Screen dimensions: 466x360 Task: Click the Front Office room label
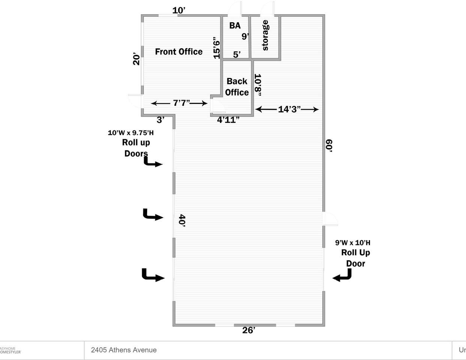click(x=179, y=52)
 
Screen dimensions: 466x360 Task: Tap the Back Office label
click(x=237, y=87)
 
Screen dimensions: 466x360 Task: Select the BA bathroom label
click(x=235, y=25)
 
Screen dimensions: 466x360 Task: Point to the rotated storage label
click(x=265, y=35)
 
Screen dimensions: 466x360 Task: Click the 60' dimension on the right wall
click(x=329, y=145)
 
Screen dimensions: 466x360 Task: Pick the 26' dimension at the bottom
click(x=249, y=330)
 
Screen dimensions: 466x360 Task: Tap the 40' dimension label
click(x=182, y=220)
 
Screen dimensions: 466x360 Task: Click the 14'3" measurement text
click(x=289, y=109)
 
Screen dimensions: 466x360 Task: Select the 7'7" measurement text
click(x=182, y=103)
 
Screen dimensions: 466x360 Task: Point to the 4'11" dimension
click(x=228, y=120)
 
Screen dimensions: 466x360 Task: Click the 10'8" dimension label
click(x=258, y=85)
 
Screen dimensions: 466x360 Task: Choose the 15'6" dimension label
click(x=216, y=48)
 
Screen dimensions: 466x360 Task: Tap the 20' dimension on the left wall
click(x=137, y=59)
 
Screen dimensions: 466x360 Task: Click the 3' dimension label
click(x=161, y=120)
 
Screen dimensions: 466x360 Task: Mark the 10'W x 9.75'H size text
click(x=131, y=133)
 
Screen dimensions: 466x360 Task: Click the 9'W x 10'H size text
click(x=353, y=243)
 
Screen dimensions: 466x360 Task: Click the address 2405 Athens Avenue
click(x=124, y=350)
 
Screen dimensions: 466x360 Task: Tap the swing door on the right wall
click(x=331, y=219)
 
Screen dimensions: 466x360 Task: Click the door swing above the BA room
click(x=235, y=9)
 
